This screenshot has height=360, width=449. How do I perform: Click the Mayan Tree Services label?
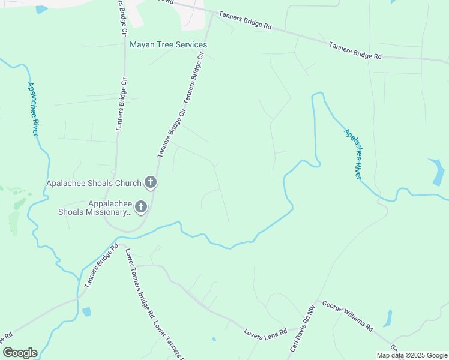click(169, 45)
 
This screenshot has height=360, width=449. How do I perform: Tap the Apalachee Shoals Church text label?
click(95, 183)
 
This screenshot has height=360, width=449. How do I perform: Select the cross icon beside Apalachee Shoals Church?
click(150, 182)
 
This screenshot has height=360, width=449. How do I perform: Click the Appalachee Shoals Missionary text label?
click(94, 207)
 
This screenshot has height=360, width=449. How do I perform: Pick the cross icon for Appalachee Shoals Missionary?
click(140, 207)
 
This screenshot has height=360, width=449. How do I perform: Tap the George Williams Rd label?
click(348, 316)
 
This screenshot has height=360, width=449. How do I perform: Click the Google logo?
click(20, 353)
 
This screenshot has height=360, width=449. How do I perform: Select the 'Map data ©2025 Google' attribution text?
click(412, 355)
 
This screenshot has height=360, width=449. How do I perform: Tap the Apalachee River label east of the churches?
click(353, 154)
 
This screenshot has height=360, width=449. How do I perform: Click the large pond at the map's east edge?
click(437, 172)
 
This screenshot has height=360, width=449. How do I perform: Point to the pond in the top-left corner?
click(41, 10)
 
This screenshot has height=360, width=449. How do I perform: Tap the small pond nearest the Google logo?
click(86, 311)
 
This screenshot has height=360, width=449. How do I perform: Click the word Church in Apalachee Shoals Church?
click(128, 183)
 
